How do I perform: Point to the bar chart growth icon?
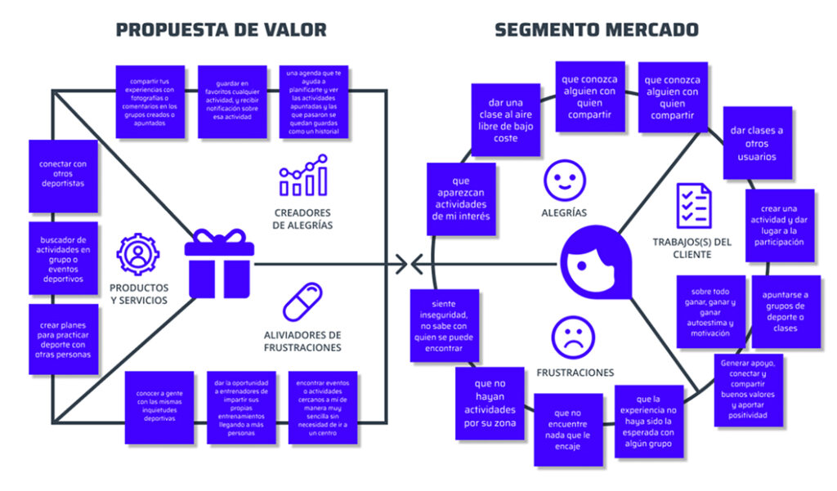(303, 179)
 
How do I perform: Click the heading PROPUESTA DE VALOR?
(221, 30)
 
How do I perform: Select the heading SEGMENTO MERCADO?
(597, 30)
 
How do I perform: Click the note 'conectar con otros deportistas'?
(62, 173)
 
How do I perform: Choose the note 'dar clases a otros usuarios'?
(757, 143)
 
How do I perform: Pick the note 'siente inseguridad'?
(445, 325)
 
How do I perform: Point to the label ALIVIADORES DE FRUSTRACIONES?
(303, 341)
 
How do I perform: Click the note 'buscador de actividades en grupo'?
(62, 257)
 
